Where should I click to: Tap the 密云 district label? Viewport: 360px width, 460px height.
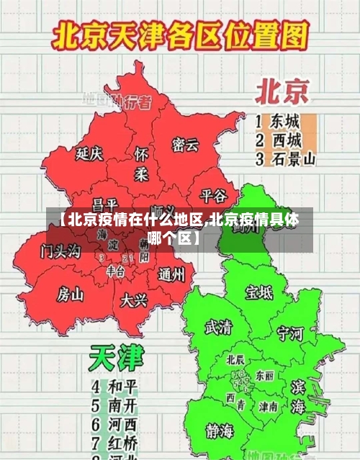click(x=185, y=145)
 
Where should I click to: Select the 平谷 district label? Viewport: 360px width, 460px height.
click(x=213, y=195)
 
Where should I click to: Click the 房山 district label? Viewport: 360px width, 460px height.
click(x=71, y=294)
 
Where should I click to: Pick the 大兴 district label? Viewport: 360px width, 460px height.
click(x=134, y=299)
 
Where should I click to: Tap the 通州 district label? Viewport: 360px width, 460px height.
click(x=171, y=274)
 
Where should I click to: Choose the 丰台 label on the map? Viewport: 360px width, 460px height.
click(x=115, y=271)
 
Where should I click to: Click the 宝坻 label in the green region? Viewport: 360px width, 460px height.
click(x=259, y=292)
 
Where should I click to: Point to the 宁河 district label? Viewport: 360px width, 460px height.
click(x=290, y=333)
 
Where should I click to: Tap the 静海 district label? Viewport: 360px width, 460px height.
click(x=220, y=431)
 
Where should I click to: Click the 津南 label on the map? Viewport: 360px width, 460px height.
click(x=268, y=407)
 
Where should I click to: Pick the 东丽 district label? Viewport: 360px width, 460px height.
click(x=264, y=376)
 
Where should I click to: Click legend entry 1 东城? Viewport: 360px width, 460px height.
click(x=278, y=121)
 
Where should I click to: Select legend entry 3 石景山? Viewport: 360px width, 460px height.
click(x=285, y=158)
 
